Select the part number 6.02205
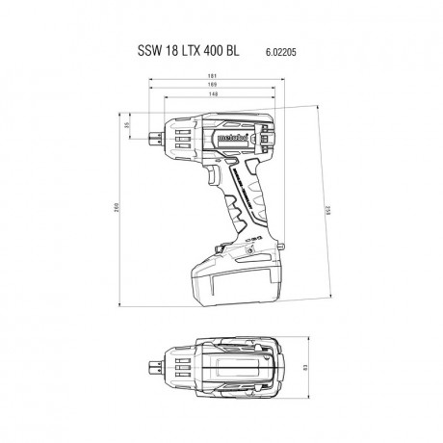pyautogui.click(x=274, y=49)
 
